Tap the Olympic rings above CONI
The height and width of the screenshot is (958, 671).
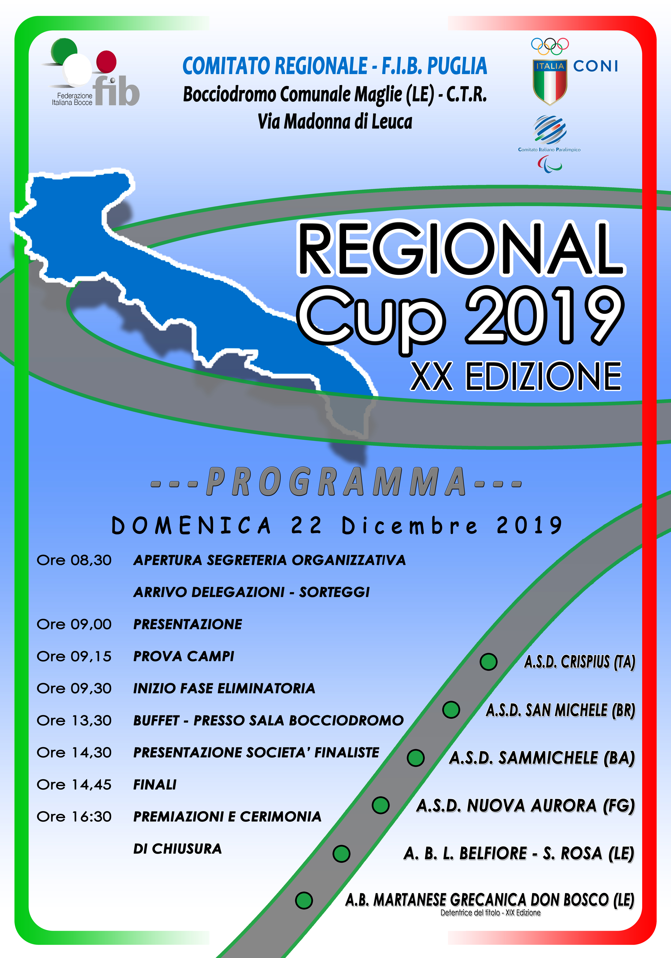(550, 46)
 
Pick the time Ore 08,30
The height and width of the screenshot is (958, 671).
(74, 560)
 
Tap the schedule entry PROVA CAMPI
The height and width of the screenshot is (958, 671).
(184, 656)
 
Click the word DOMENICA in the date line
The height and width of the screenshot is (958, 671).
(191, 525)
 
